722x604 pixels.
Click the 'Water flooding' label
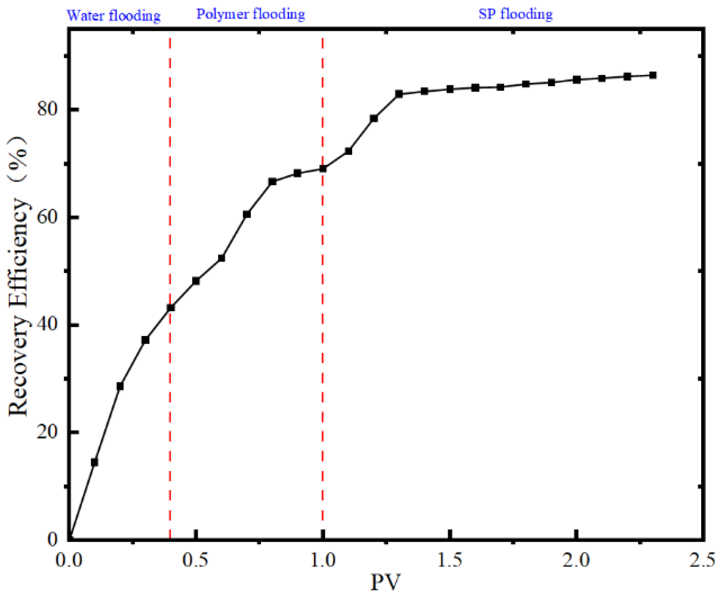(x=113, y=16)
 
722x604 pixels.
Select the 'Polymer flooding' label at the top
(x=251, y=14)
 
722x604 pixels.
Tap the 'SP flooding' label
(x=515, y=14)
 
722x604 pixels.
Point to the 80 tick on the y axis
(x=47, y=109)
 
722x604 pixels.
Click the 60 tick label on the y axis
(x=47, y=217)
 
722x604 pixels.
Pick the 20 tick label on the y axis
(x=47, y=432)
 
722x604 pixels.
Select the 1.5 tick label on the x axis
(x=449, y=560)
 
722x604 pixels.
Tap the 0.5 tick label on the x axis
(x=196, y=560)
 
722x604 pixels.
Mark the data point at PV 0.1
(x=94, y=462)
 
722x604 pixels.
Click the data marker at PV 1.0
(x=323, y=168)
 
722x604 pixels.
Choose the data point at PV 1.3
(x=399, y=94)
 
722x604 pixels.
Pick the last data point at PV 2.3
(x=653, y=75)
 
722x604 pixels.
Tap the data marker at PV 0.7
(x=247, y=214)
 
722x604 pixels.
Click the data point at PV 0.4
(x=170, y=308)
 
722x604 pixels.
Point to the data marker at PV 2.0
(x=576, y=79)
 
